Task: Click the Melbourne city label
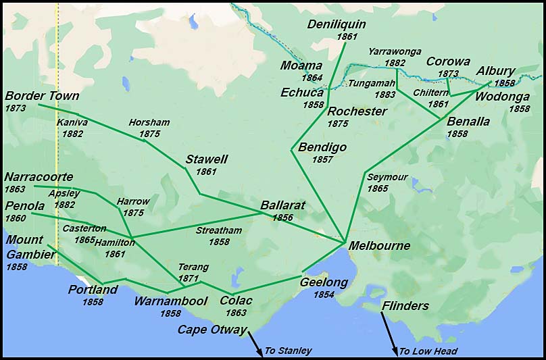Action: click(379, 246)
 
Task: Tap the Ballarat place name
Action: click(283, 205)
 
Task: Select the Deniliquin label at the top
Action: click(337, 24)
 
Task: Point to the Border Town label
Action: click(42, 96)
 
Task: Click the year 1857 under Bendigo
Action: click(322, 160)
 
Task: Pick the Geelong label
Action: click(324, 282)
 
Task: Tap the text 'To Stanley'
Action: click(288, 351)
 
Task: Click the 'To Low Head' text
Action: click(428, 351)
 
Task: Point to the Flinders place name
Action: click(405, 306)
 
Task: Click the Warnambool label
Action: click(171, 301)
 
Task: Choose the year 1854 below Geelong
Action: click(324, 295)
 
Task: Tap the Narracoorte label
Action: click(39, 177)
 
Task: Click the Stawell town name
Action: click(206, 160)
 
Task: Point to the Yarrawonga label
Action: click(395, 51)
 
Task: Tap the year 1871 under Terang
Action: click(189, 278)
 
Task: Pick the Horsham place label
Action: click(149, 122)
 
